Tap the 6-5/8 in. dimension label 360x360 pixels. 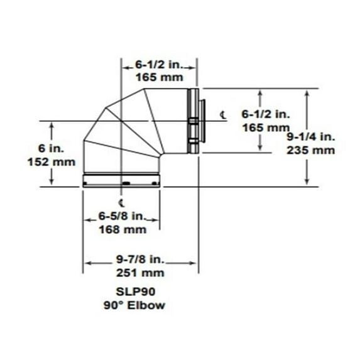pyautogui.click(x=122, y=217)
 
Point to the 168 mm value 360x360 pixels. pyautogui.click(x=122, y=229)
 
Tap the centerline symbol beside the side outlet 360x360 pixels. pyautogui.click(x=224, y=114)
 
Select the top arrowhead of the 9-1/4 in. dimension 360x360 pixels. pyautogui.click(x=307, y=92)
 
